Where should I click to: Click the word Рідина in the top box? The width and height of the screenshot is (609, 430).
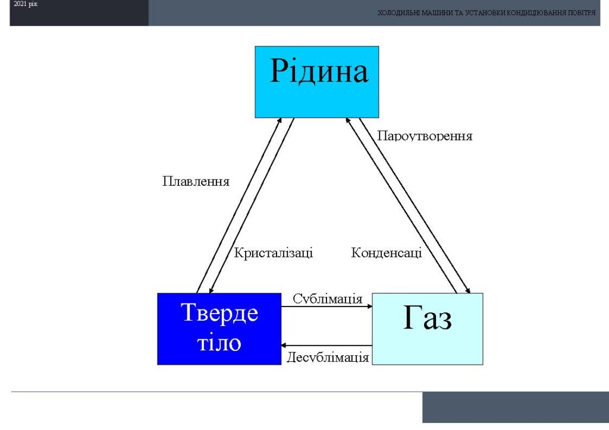click(319, 71)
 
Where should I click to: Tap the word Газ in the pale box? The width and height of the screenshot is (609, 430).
click(427, 318)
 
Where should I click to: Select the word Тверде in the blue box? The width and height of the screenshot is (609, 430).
click(219, 313)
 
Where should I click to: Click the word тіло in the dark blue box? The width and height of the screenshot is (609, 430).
click(219, 342)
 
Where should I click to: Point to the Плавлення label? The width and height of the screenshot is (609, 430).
click(196, 182)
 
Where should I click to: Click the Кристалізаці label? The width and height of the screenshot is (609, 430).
click(274, 253)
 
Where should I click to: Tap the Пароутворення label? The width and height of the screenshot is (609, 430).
click(425, 136)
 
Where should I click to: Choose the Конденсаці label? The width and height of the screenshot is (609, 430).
click(387, 253)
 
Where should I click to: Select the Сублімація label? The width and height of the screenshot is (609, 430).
click(328, 299)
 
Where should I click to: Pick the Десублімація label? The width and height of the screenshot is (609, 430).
click(328, 357)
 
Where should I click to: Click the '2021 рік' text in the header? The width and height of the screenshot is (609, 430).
click(26, 4)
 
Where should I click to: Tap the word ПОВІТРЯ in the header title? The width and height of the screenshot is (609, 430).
click(582, 13)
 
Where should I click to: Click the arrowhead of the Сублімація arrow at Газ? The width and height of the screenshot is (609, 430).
click(370, 306)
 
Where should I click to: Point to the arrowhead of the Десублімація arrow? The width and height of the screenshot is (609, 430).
click(284, 345)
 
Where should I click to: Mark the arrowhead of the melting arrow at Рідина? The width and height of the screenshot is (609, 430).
click(280, 120)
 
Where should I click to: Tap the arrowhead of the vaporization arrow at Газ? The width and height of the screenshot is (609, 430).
click(469, 290)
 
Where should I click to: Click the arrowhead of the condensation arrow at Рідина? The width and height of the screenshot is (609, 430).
click(347, 121)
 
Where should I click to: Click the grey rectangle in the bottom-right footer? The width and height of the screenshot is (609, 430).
click(516, 407)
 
